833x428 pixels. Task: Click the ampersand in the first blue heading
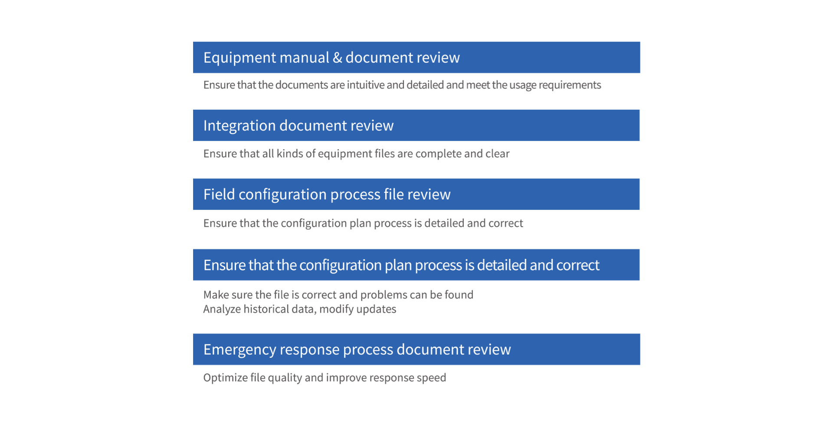(337, 58)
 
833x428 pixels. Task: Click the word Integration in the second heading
(239, 126)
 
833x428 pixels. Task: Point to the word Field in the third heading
(219, 194)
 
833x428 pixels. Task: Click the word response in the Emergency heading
(309, 350)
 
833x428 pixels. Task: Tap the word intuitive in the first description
(365, 85)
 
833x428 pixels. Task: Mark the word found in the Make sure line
(458, 295)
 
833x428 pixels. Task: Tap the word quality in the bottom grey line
(285, 378)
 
